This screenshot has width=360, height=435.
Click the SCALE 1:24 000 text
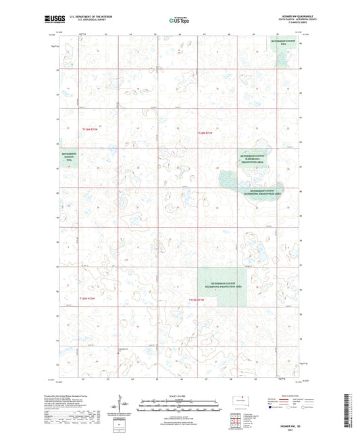[179, 396]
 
